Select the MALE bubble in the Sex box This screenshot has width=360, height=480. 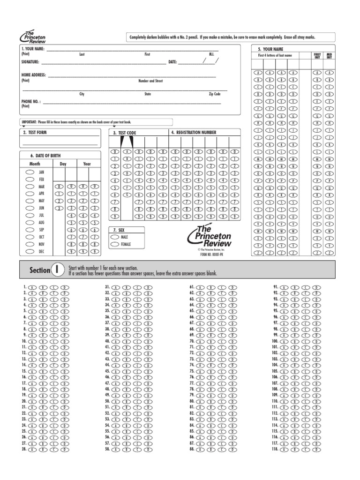(x=115, y=237)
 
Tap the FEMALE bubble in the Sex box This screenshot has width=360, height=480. (x=115, y=244)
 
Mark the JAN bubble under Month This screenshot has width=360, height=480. (x=29, y=172)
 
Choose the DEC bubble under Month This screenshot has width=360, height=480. (x=29, y=251)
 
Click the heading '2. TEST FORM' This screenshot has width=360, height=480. (x=35, y=133)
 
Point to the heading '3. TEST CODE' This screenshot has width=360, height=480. (x=124, y=133)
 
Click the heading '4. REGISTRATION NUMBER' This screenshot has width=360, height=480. (x=194, y=133)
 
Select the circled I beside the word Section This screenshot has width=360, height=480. (x=57, y=270)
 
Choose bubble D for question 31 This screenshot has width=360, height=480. (x=150, y=286)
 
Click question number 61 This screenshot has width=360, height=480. (x=192, y=286)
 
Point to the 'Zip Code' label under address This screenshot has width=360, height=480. (x=214, y=94)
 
